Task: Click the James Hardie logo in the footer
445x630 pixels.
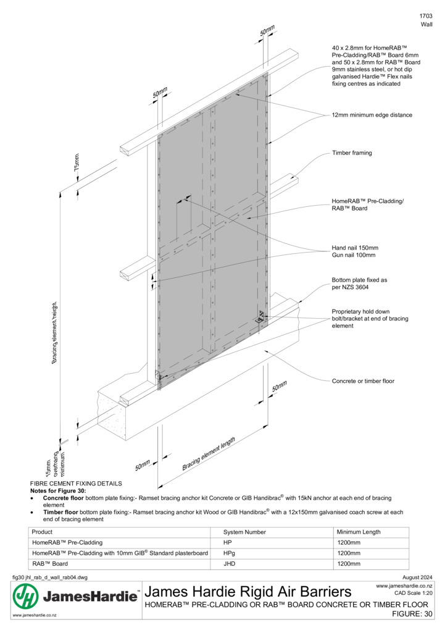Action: coord(75,596)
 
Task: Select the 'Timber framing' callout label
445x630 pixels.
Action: coord(352,153)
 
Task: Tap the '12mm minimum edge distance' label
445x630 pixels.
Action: coord(372,115)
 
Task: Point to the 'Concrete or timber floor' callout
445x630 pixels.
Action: coord(363,381)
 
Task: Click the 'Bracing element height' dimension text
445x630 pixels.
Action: coord(54,333)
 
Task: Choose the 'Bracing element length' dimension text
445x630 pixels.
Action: coord(209,453)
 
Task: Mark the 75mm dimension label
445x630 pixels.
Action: coord(77,162)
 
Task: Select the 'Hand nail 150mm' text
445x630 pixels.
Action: coord(355,248)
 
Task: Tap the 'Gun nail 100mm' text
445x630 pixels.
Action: coord(354,255)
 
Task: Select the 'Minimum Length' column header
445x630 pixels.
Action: coord(359,532)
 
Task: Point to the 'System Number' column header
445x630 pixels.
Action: coord(244,532)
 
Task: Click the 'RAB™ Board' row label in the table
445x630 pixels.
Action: coord(50,564)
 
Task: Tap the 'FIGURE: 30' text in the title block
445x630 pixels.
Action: coord(412,614)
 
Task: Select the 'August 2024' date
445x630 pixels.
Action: coord(417,577)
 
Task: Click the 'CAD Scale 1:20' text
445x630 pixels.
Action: coord(414,593)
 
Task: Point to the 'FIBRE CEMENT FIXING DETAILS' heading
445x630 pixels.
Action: coord(76,484)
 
